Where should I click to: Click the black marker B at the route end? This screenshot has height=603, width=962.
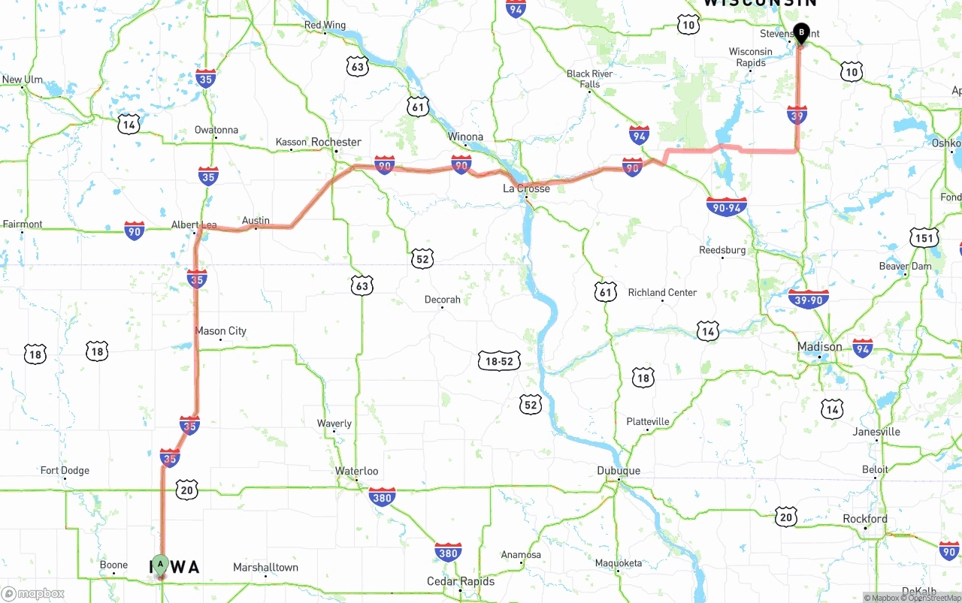[x=801, y=32]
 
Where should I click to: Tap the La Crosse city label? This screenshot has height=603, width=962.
[x=526, y=188]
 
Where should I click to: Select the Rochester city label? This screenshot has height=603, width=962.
[x=336, y=142]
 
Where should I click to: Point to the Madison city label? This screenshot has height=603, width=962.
[x=819, y=347]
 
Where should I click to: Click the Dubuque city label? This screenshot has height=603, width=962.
[x=619, y=471]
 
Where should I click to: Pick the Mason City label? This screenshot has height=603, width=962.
[x=220, y=331]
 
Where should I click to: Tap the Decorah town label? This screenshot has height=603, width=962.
[x=442, y=300]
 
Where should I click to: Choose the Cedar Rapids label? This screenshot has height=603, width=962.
[x=461, y=581]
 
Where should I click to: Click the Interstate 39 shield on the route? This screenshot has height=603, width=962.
[x=797, y=115]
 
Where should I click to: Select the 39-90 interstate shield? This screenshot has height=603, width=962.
[x=809, y=299]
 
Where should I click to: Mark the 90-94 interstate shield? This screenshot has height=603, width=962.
[x=726, y=207]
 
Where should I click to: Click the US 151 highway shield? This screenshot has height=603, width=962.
[x=924, y=239]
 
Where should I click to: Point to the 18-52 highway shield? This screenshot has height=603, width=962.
[x=499, y=361]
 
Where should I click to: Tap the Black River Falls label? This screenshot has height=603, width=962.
[x=589, y=79]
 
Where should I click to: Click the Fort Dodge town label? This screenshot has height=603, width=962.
[x=65, y=471]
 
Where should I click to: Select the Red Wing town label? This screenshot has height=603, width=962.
[x=325, y=26]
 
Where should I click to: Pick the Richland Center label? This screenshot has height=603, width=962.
[x=662, y=293]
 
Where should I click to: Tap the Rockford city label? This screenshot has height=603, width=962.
[x=864, y=519]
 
